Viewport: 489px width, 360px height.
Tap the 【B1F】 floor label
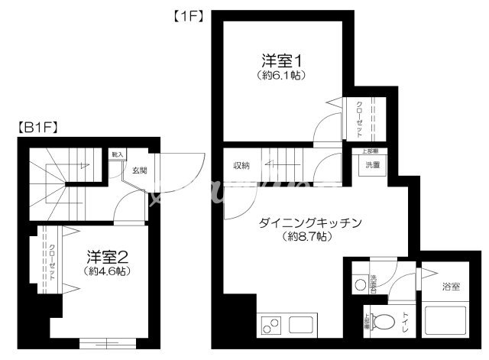pos(38,128)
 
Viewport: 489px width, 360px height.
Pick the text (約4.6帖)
pos(106,271)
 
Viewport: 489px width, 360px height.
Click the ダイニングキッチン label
pos(309,222)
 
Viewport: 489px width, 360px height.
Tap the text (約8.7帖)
pos(309,236)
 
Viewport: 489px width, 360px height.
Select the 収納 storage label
pos(241,166)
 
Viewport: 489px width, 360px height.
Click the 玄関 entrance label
pos(139,170)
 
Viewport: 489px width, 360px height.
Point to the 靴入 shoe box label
pos(117,154)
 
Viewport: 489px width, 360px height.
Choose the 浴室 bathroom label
pos(450,287)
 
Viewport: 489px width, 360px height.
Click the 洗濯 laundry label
pos(372,165)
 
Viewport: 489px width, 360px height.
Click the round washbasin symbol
pos(361,284)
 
